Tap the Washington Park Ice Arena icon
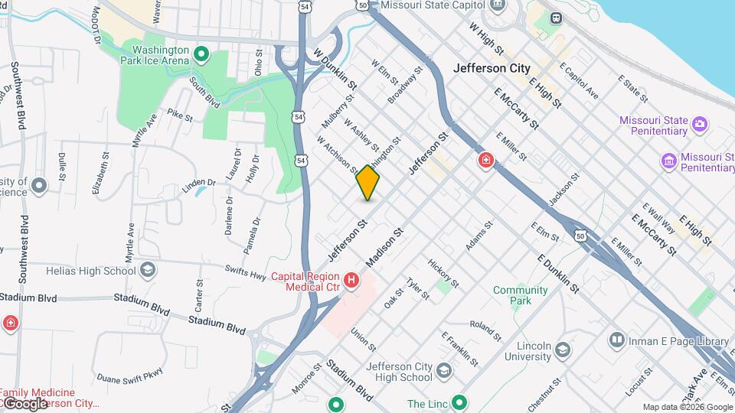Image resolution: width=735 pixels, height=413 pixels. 201,54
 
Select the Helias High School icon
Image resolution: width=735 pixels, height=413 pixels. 148,270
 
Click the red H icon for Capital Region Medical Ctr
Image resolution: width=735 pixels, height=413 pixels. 351,281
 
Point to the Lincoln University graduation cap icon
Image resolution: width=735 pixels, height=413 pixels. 563,350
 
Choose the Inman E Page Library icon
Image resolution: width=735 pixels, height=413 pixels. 617,339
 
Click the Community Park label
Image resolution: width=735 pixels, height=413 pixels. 521,295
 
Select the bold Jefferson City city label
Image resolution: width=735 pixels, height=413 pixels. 492,68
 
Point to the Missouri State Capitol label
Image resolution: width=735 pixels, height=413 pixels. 429,5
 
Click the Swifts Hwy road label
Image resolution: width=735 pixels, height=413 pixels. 244,269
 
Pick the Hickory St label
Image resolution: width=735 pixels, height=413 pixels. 443,273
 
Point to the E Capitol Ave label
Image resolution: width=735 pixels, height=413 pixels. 579,81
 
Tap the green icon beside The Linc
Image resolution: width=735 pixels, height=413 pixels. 459,402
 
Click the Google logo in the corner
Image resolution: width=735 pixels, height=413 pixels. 24,403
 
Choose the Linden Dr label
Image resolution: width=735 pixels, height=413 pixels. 198,183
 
